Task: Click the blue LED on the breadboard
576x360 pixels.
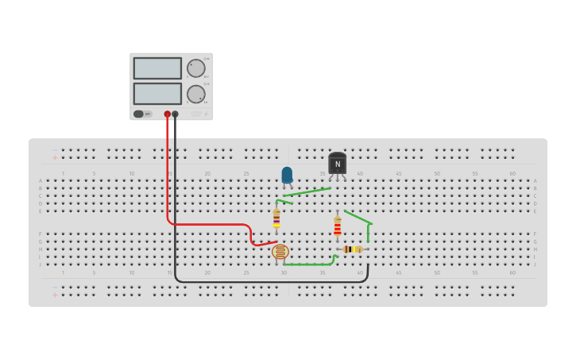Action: (x=287, y=175)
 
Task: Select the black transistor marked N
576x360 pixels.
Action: (x=337, y=164)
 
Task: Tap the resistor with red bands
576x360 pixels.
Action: (x=338, y=227)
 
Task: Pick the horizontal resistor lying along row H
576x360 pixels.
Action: (x=353, y=249)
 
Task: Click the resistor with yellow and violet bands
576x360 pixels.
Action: (x=276, y=217)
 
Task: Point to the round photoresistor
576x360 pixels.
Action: (x=280, y=252)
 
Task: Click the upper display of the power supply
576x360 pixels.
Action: (x=157, y=68)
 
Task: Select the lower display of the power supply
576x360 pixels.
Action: (x=157, y=94)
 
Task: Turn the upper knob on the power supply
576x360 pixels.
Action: (x=195, y=68)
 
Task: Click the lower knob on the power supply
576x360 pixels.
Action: (x=195, y=95)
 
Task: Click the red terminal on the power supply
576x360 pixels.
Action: (x=167, y=114)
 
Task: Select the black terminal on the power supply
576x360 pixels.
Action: (x=175, y=114)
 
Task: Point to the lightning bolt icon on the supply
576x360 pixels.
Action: (x=206, y=114)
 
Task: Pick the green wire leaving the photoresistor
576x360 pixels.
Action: (x=310, y=264)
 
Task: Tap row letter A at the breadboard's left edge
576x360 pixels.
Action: (x=41, y=181)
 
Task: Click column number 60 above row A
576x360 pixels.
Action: (x=512, y=173)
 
